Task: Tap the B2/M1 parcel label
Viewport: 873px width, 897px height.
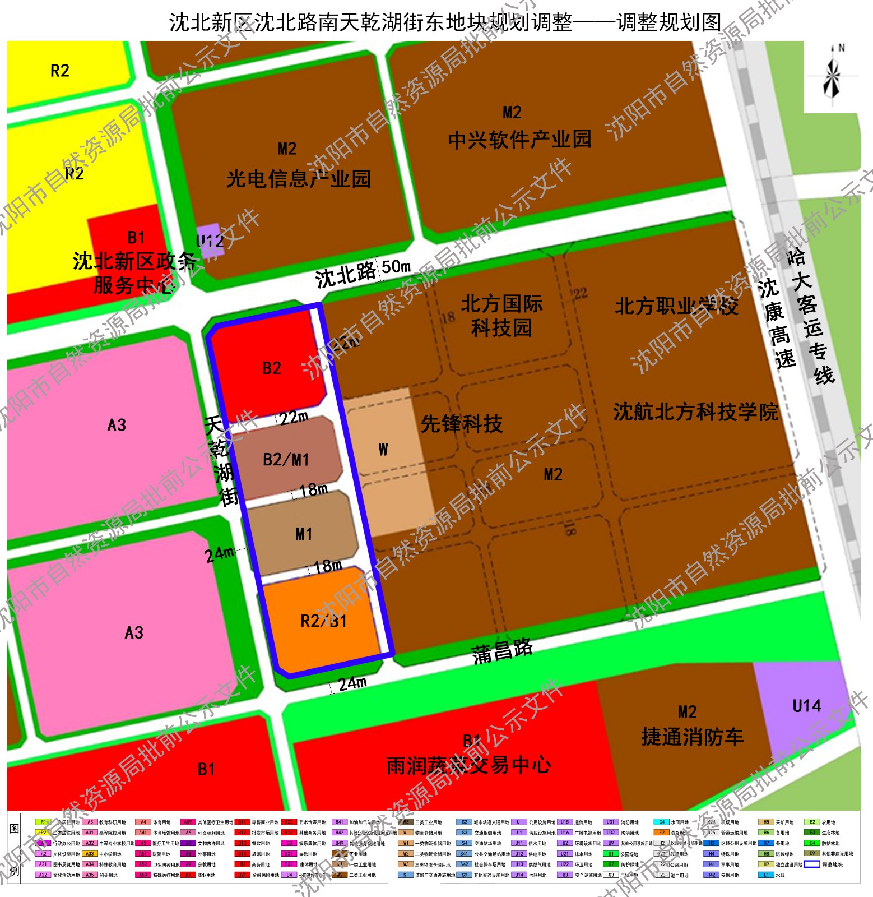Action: (x=286, y=460)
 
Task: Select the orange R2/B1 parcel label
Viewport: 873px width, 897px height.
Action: (x=323, y=621)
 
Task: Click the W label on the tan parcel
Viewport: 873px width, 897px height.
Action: (x=383, y=449)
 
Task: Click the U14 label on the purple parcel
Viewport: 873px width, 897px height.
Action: (x=807, y=706)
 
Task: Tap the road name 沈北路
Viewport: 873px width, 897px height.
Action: (x=345, y=275)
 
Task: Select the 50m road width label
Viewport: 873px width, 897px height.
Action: (x=396, y=267)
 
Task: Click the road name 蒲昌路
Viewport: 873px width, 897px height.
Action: (x=502, y=651)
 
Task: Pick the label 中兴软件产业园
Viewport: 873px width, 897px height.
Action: (x=519, y=139)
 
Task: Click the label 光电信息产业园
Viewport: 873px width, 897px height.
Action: (x=298, y=179)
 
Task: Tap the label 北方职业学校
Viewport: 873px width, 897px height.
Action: (x=676, y=306)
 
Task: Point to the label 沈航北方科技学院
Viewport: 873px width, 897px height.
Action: (x=695, y=412)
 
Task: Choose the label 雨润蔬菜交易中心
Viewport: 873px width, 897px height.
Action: (x=468, y=765)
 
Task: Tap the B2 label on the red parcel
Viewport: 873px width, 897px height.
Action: (x=272, y=368)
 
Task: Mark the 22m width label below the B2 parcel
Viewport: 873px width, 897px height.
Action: (x=294, y=418)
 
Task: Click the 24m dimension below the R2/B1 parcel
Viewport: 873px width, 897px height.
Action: (x=352, y=683)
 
